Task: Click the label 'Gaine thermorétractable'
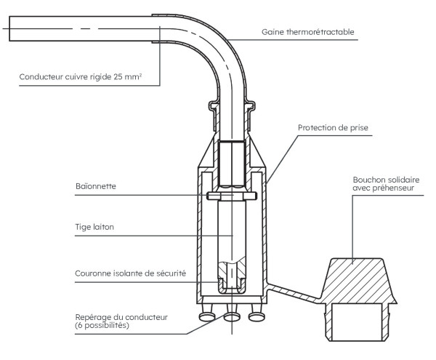pos(308,33)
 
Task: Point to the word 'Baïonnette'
pos(94,186)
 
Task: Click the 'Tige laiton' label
pos(94,227)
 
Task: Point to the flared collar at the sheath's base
pos(231,107)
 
